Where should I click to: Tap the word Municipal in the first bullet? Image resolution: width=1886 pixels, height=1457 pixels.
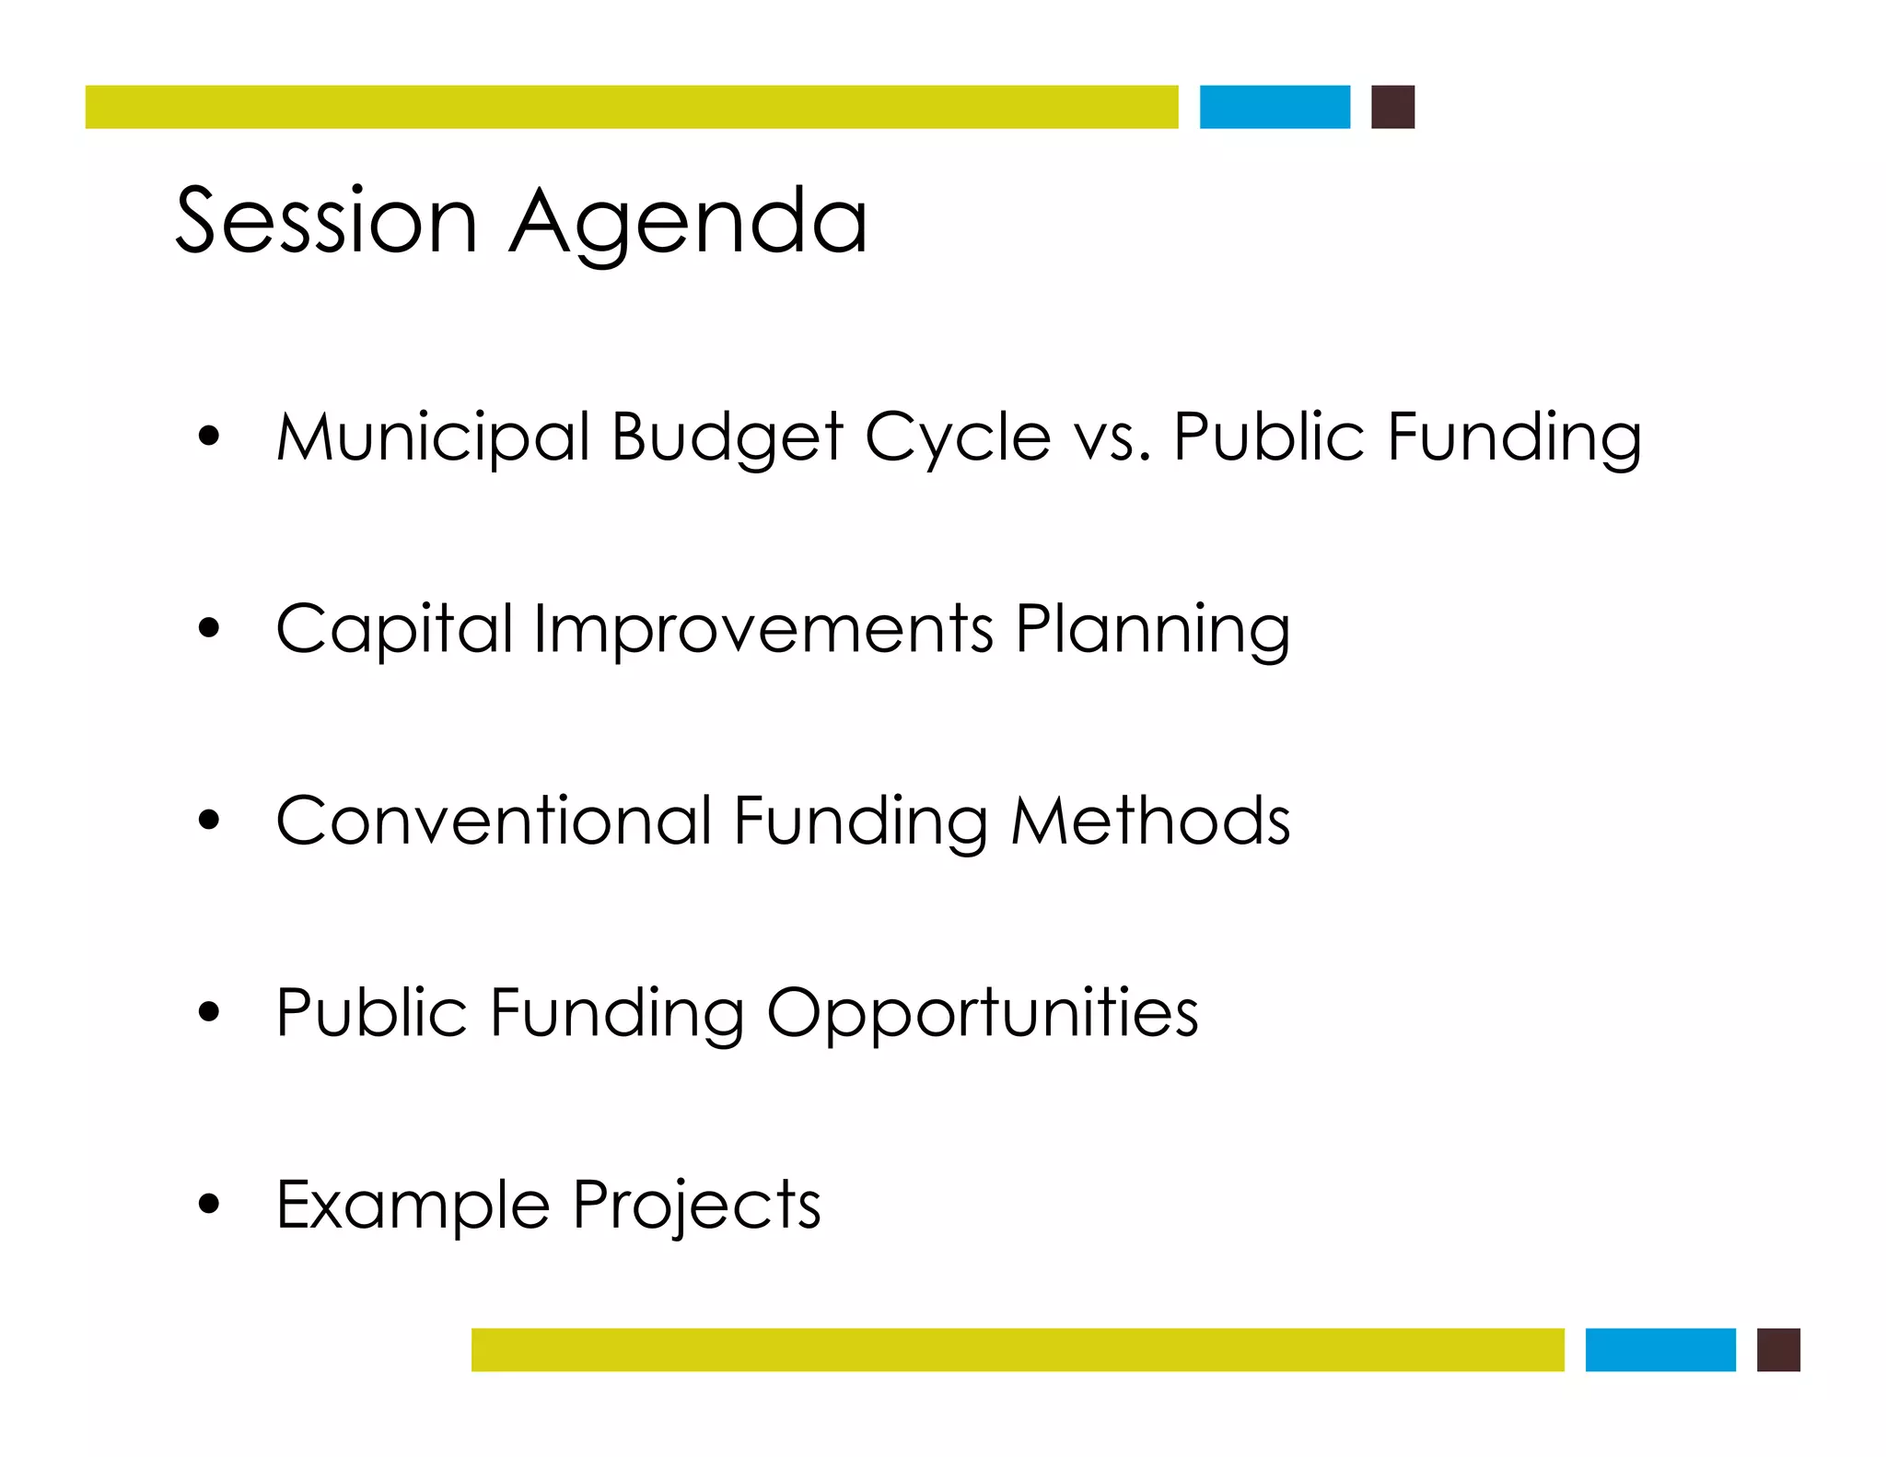433,437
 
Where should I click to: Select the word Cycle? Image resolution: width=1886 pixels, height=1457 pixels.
958,438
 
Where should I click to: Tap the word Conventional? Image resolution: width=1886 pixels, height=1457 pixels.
494,821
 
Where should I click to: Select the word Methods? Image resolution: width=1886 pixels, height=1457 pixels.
1151,821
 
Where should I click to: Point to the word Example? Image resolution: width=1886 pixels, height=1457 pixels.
413,1206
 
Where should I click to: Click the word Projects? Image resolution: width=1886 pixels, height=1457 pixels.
696,1206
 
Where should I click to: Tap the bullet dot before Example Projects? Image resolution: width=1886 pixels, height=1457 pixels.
209,1203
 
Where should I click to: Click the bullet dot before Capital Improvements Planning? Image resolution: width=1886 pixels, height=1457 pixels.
209,628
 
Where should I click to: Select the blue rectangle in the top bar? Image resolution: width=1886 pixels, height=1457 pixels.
1275,107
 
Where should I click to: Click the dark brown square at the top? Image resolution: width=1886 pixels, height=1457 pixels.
1392,107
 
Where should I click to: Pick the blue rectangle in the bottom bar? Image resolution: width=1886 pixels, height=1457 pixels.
1659,1349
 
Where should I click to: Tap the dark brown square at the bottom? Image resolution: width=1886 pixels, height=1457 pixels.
1777,1349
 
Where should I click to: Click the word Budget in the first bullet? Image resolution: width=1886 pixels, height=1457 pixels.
727,438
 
